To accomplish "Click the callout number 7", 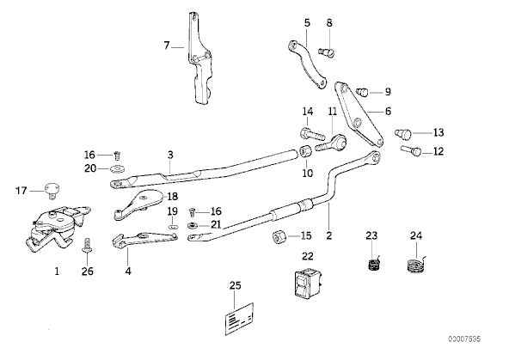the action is click(167, 46).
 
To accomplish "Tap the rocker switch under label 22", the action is click(307, 281).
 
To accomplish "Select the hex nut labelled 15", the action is click(279, 235).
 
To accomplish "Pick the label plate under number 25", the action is click(239, 319).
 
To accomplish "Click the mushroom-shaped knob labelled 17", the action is click(52, 189).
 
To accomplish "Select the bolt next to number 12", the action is click(411, 150).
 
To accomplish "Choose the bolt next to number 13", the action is click(403, 133).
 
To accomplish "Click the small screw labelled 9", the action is click(363, 91).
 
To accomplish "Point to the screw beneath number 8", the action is click(327, 52).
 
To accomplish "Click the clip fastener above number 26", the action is click(88, 245).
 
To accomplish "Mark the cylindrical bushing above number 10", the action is click(304, 151).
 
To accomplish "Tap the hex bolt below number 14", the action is click(312, 133).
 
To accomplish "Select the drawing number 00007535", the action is click(464, 339).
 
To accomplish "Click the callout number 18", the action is click(172, 196).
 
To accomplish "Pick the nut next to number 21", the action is click(192, 225).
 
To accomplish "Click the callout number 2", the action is click(329, 235).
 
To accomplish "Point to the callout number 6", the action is click(388, 111).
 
